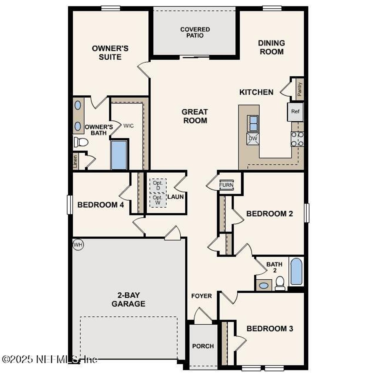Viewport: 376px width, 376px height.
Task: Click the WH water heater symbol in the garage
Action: (x=78, y=245)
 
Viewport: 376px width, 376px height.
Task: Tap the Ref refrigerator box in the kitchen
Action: (x=295, y=112)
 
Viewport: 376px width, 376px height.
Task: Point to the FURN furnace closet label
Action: (x=226, y=185)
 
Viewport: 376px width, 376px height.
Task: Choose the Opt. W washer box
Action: (x=158, y=200)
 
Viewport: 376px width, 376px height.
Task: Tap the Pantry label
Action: (x=300, y=89)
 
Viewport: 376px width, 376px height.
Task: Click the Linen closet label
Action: (x=75, y=162)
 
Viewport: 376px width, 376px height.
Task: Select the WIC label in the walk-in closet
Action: (x=128, y=126)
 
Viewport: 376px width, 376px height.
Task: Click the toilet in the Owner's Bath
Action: (x=81, y=142)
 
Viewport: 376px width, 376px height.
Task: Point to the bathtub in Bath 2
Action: (x=296, y=271)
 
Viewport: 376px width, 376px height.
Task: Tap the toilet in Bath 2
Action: (x=280, y=283)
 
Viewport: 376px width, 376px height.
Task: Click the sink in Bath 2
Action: (x=264, y=285)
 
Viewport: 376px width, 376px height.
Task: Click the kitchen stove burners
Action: (x=297, y=139)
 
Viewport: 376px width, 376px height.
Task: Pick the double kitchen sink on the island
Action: (x=253, y=123)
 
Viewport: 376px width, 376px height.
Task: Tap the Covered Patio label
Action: (x=195, y=32)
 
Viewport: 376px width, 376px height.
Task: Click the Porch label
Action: (x=203, y=346)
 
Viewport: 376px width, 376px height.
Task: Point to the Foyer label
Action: (x=202, y=296)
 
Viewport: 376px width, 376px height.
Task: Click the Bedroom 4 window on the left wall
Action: (x=70, y=205)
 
